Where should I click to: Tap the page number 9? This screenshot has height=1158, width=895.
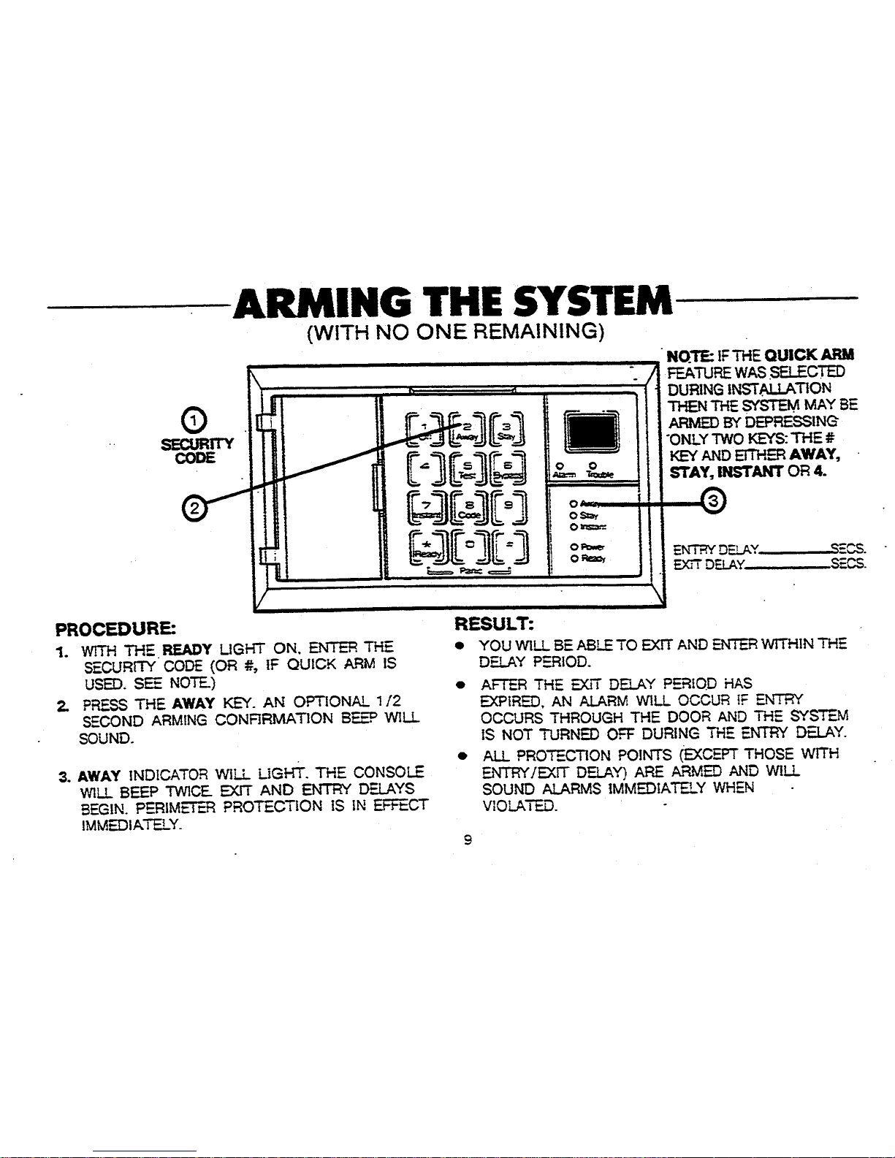pyautogui.click(x=467, y=840)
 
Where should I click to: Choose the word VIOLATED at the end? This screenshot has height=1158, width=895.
pyautogui.click(x=519, y=806)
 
